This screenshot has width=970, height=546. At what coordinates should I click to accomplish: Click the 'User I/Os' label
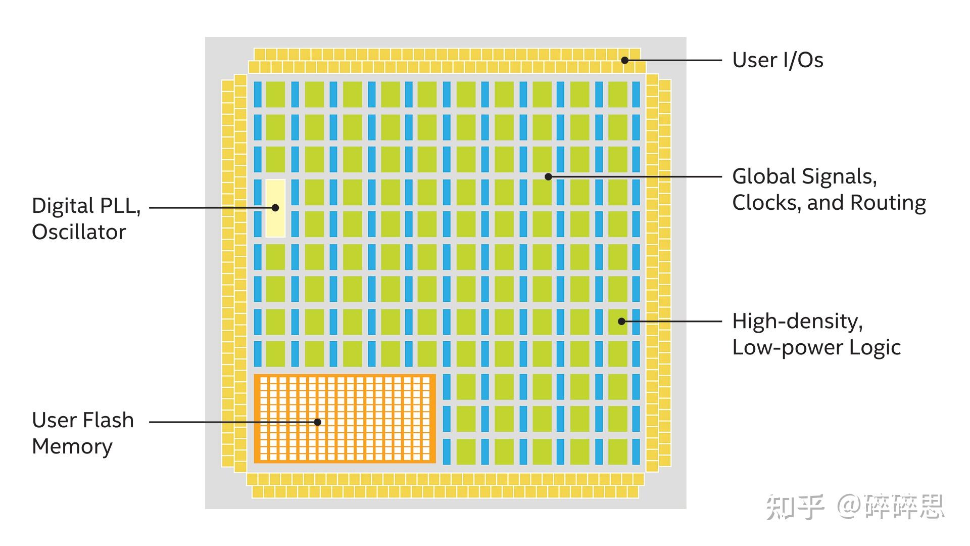(778, 60)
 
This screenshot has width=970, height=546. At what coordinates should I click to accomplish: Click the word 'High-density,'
(797, 322)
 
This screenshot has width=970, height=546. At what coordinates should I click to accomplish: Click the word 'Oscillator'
(79, 232)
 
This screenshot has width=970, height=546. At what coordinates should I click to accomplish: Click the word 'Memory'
(72, 446)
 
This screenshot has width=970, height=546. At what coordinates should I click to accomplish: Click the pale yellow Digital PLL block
(275, 222)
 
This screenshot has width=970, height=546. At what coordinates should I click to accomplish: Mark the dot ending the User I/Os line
(625, 60)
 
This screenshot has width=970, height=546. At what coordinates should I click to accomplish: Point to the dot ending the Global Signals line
(548, 176)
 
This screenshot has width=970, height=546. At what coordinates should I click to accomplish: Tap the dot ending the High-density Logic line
(621, 321)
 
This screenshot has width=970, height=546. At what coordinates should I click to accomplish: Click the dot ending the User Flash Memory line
(318, 422)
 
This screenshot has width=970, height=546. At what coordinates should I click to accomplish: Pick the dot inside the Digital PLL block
(275, 207)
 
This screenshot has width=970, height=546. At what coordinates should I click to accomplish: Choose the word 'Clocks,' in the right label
(766, 203)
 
